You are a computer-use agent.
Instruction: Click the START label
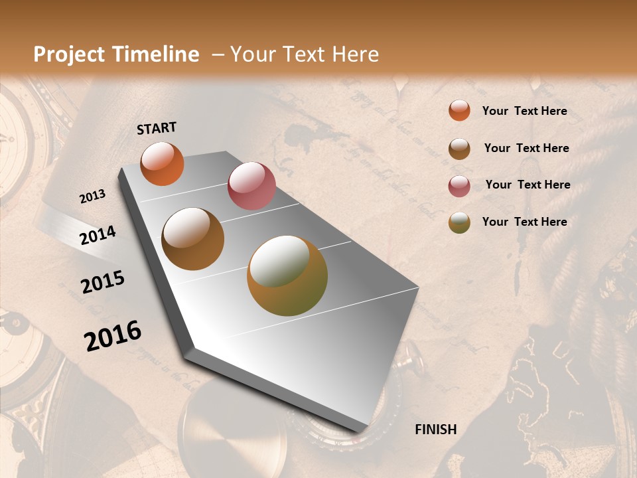point(157,128)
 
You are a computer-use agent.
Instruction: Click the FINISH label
point(436,430)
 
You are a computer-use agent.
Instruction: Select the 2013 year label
point(93,197)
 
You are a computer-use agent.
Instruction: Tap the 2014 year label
point(98,236)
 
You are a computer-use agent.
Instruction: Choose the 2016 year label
point(113,336)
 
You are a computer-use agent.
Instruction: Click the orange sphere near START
point(162,163)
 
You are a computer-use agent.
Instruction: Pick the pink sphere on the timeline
point(251,186)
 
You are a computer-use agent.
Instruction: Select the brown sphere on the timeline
point(193,239)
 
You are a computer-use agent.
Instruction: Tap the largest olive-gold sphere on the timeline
point(287,276)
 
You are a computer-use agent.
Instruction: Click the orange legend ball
point(459,111)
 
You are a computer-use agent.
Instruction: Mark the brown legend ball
point(459,148)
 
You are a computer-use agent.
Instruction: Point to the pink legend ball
point(459,185)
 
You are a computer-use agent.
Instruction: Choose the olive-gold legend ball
point(459,222)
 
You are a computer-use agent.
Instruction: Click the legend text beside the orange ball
point(525,111)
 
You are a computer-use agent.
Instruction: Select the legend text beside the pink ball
point(528,185)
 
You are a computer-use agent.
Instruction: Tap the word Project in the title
point(69,54)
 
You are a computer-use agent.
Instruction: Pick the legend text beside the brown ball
point(527,148)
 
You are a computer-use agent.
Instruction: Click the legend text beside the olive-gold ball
point(525,222)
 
